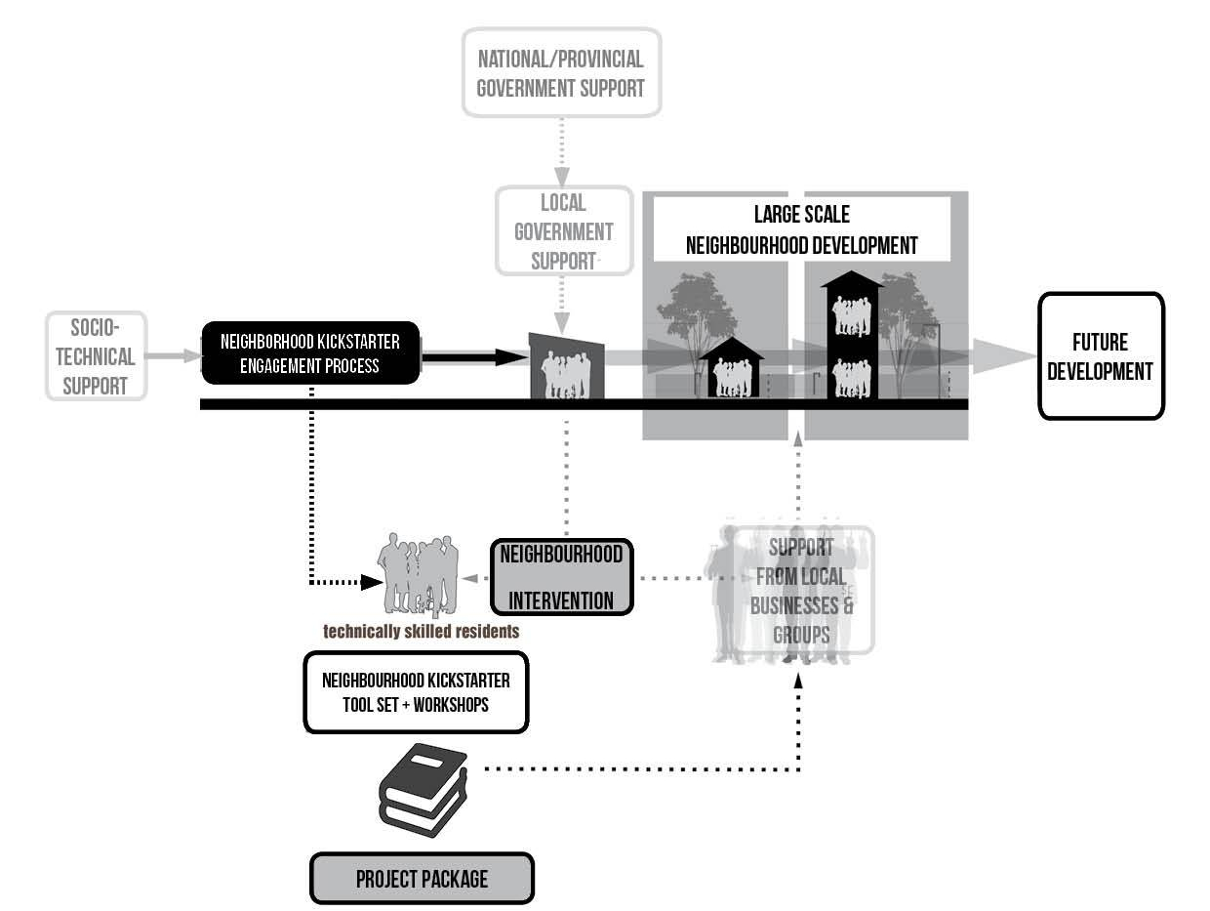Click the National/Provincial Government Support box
[560, 72]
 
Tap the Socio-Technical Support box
[96, 356]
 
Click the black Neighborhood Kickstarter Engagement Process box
[309, 352]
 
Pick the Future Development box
[1100, 356]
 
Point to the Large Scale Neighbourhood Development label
[801, 229]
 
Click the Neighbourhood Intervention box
[561, 577]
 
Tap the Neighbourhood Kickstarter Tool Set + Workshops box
[416, 691]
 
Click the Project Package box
[422, 879]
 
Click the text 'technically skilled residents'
[421, 632]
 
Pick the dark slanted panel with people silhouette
[566, 366]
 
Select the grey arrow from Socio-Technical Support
[174, 356]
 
